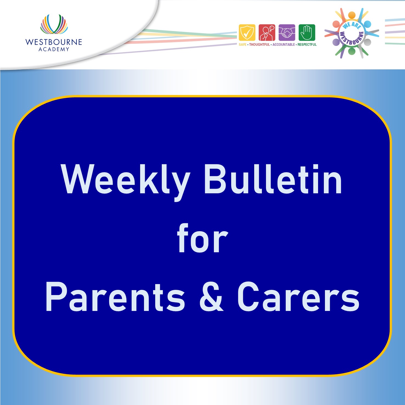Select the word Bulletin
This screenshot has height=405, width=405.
(x=273, y=179)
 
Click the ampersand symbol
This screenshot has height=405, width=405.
(x=211, y=297)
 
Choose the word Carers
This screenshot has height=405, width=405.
(x=298, y=297)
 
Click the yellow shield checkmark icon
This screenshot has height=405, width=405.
(x=247, y=33)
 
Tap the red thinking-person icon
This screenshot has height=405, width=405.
(x=267, y=33)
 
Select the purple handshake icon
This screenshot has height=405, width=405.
(x=287, y=33)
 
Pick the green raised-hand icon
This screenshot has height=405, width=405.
(x=307, y=33)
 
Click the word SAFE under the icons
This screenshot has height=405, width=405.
(x=242, y=44)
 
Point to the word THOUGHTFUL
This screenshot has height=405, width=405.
(x=259, y=44)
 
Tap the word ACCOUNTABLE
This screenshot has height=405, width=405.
(x=284, y=44)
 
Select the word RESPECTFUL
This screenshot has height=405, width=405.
(x=307, y=44)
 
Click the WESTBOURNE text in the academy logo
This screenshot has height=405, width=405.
(x=54, y=42)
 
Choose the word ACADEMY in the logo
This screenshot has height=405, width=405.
(x=54, y=49)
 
